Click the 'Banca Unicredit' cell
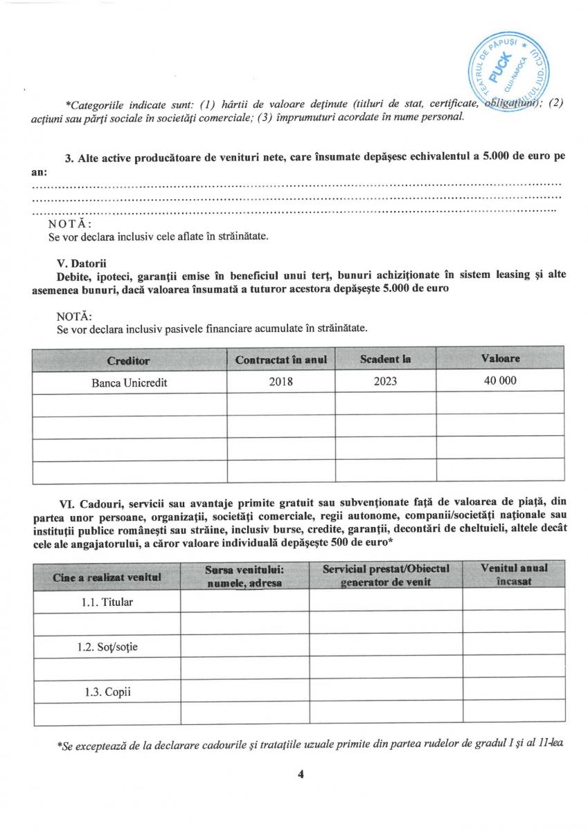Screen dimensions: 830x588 (130, 382)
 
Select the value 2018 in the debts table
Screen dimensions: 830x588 (280, 382)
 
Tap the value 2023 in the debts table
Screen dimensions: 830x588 (385, 382)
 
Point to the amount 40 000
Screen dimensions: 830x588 (500, 381)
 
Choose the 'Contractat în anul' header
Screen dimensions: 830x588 (280, 360)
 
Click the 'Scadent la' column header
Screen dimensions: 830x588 (385, 359)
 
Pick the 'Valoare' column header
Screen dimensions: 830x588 (500, 358)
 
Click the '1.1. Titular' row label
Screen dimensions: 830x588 (107, 602)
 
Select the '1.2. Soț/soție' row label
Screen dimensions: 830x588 (107, 647)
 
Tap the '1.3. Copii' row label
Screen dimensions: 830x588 (107, 692)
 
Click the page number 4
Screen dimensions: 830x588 (300, 774)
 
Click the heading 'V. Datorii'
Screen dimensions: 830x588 (82, 263)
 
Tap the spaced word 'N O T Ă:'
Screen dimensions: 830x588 (69, 224)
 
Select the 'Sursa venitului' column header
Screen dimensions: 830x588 (244, 575)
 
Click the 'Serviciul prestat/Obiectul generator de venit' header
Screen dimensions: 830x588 (386, 575)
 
